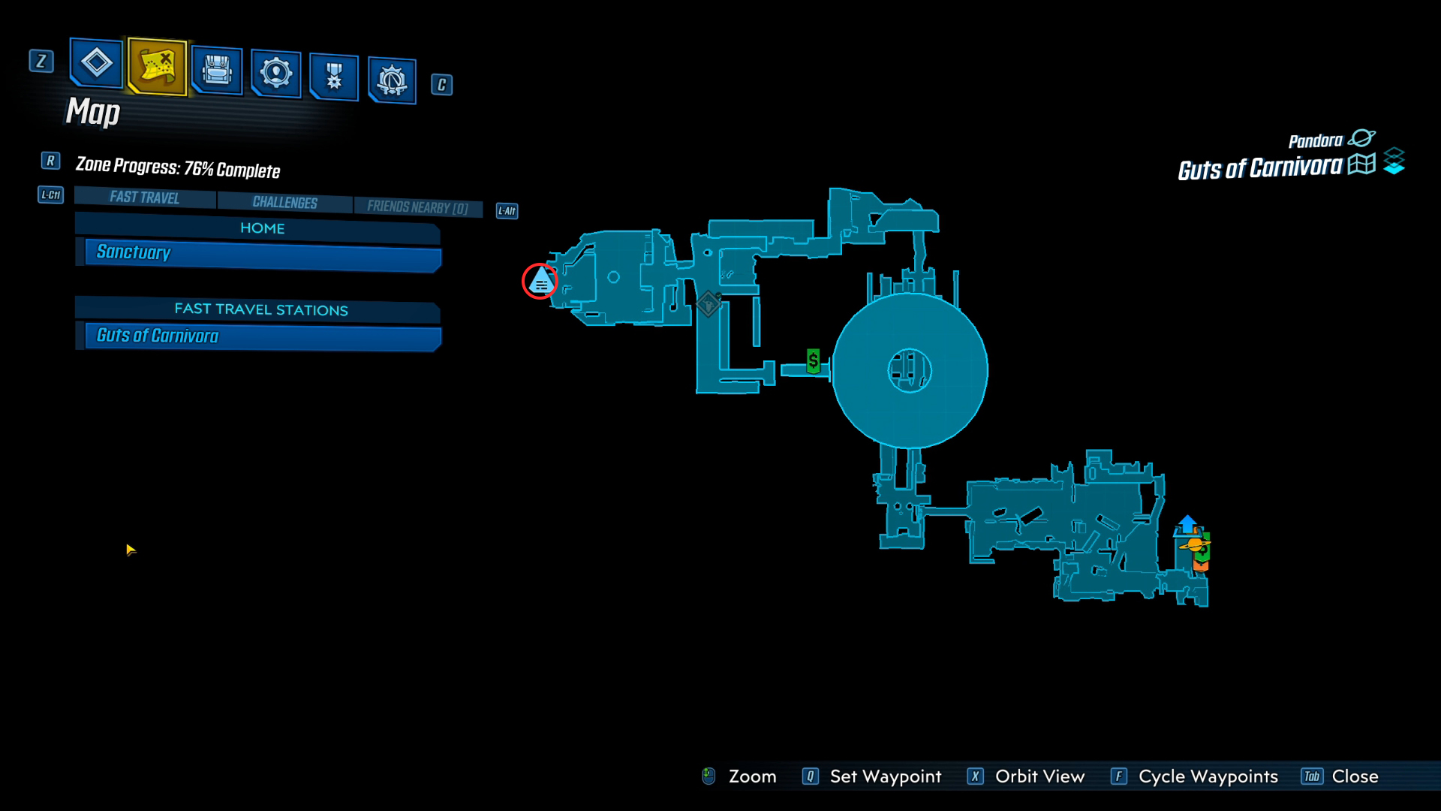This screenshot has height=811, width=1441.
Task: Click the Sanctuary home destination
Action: pyautogui.click(x=259, y=254)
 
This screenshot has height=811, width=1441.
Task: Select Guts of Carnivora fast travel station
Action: pyautogui.click(x=259, y=336)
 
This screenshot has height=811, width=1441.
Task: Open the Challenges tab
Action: pyautogui.click(x=284, y=202)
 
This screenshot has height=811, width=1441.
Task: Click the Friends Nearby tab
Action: pyautogui.click(x=417, y=207)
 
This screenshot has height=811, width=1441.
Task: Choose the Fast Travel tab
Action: pyautogui.click(x=145, y=197)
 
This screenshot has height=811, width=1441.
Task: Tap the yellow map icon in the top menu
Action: pyautogui.click(x=157, y=66)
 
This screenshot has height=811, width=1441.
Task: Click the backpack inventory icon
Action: pyautogui.click(x=217, y=71)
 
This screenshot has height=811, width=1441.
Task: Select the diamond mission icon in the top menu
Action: pyautogui.click(x=96, y=62)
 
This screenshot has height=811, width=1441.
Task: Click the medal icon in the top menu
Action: pyautogui.click(x=334, y=77)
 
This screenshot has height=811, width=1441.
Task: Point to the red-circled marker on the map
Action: pyautogui.click(x=540, y=281)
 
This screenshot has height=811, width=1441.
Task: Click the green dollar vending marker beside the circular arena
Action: pyautogui.click(x=813, y=360)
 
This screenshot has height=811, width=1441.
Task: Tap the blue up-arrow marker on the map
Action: pyautogui.click(x=1187, y=523)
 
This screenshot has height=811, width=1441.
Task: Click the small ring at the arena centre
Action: pyautogui.click(x=910, y=370)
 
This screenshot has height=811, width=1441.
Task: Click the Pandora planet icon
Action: pyautogui.click(x=1361, y=138)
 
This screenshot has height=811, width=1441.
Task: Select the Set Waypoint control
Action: pyautogui.click(x=871, y=776)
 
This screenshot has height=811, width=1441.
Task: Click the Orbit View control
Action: pyautogui.click(x=1026, y=776)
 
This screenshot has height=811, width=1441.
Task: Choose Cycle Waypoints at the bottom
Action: pyautogui.click(x=1194, y=776)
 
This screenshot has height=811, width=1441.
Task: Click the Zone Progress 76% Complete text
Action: pyautogui.click(x=178, y=167)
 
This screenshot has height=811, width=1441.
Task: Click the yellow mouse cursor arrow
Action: pyautogui.click(x=131, y=550)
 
